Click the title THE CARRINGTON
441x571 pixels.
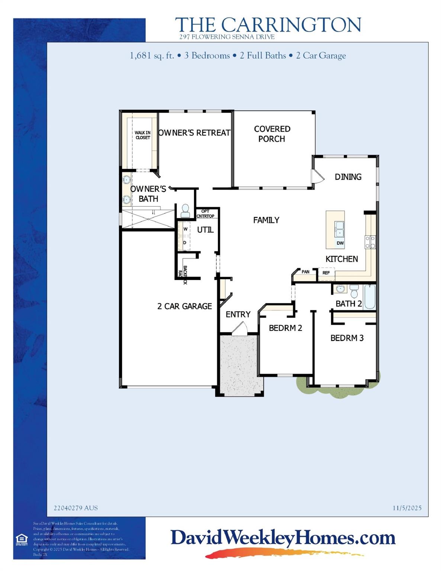coord(268,25)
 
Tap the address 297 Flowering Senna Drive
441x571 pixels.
coord(227,37)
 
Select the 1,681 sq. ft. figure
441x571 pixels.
coord(152,56)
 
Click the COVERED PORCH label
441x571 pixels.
coord(272,134)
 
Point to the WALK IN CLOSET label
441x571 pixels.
coord(142,135)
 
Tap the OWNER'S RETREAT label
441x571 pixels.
coord(194,133)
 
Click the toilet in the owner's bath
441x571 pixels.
coord(185,211)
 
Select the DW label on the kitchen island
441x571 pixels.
coord(340,243)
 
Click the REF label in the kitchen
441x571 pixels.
coord(326,273)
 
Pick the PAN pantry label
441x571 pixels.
coord(305,272)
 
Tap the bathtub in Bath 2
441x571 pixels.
coord(370,297)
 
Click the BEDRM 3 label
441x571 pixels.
coord(347,338)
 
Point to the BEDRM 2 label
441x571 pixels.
coord(285,328)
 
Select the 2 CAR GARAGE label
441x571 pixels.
coord(184,306)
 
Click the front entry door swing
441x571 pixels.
coord(239,329)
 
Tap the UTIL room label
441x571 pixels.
coord(205,230)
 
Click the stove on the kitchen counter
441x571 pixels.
coord(370,242)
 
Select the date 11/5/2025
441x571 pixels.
coord(407,508)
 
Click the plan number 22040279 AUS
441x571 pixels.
coord(76,508)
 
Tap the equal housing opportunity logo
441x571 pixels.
coord(21,539)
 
